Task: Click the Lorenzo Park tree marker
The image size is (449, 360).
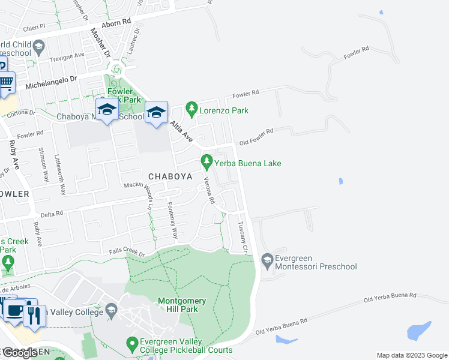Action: tap(191, 109)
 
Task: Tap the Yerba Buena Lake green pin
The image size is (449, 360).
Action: tap(206, 161)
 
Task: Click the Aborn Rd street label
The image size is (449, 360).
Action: tap(117, 23)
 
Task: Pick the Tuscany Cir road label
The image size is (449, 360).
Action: tap(243, 237)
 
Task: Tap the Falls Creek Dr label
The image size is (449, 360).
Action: tap(127, 254)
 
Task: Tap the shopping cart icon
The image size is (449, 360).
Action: tap(6, 82)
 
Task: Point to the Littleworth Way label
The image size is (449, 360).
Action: tap(59, 176)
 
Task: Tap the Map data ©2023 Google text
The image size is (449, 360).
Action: tap(411, 355)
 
